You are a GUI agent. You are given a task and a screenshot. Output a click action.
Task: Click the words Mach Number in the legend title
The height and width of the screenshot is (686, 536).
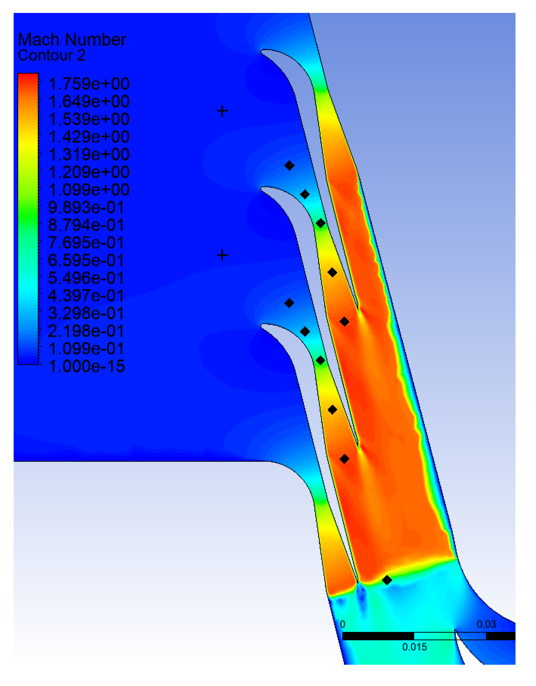(x=72, y=40)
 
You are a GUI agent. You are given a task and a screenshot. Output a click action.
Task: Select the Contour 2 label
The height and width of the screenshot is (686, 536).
(x=52, y=55)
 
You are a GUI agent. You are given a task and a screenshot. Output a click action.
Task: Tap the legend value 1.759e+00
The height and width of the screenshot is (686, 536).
(x=89, y=84)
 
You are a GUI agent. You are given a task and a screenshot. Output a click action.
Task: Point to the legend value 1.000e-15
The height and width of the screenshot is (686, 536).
(x=87, y=367)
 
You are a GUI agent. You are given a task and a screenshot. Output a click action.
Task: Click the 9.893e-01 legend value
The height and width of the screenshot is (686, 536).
(x=86, y=207)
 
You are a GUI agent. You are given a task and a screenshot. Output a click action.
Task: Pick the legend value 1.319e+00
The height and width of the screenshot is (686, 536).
(x=89, y=155)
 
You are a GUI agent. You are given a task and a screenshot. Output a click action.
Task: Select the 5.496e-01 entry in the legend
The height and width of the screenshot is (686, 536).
(x=86, y=278)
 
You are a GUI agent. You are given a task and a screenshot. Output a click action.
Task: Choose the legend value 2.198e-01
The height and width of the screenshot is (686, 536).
(x=86, y=331)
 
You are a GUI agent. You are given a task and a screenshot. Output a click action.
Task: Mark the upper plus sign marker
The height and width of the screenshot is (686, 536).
(x=222, y=111)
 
